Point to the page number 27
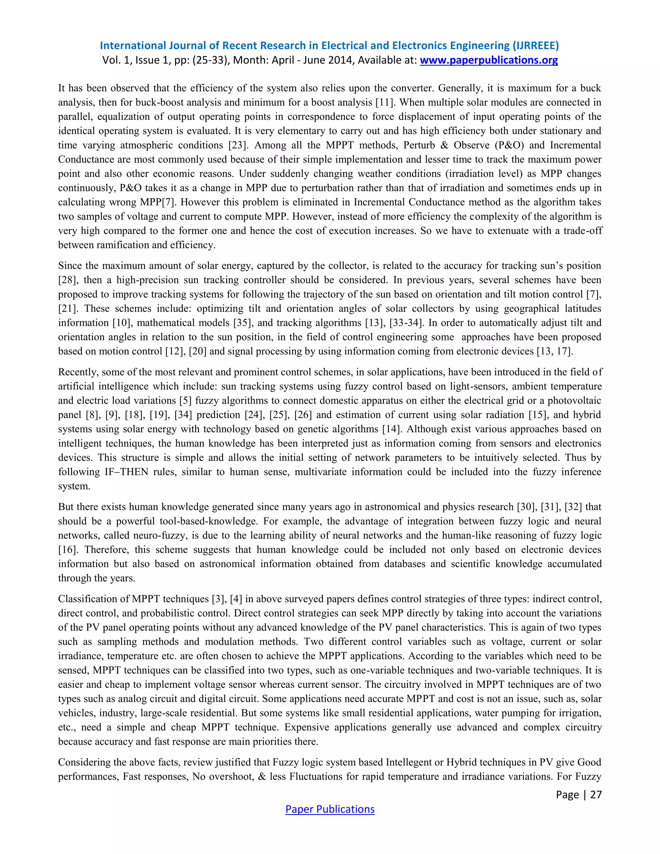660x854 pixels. pos(596,795)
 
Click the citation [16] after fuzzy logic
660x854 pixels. pos(67,549)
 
